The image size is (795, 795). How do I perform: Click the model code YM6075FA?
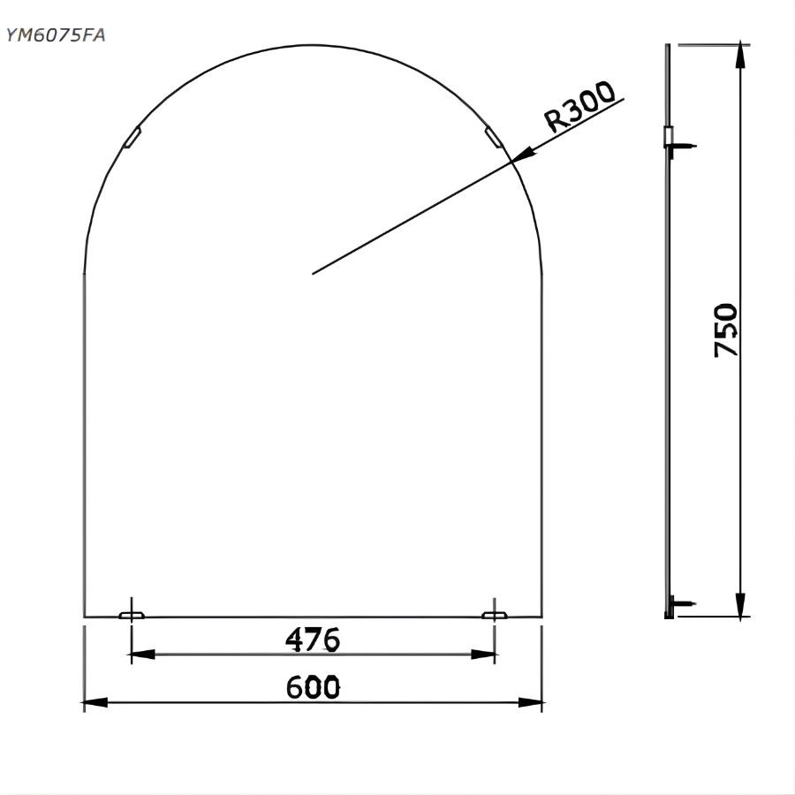[57, 35]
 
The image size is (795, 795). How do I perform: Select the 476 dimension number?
[313, 639]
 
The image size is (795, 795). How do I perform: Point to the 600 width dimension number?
[313, 686]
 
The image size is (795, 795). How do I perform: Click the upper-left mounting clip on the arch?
[132, 138]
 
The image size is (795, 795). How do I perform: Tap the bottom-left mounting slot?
[132, 614]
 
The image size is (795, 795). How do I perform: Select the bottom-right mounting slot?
[494, 614]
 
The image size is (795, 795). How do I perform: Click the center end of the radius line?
[314, 273]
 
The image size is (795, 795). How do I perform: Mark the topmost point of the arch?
[313, 44]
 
